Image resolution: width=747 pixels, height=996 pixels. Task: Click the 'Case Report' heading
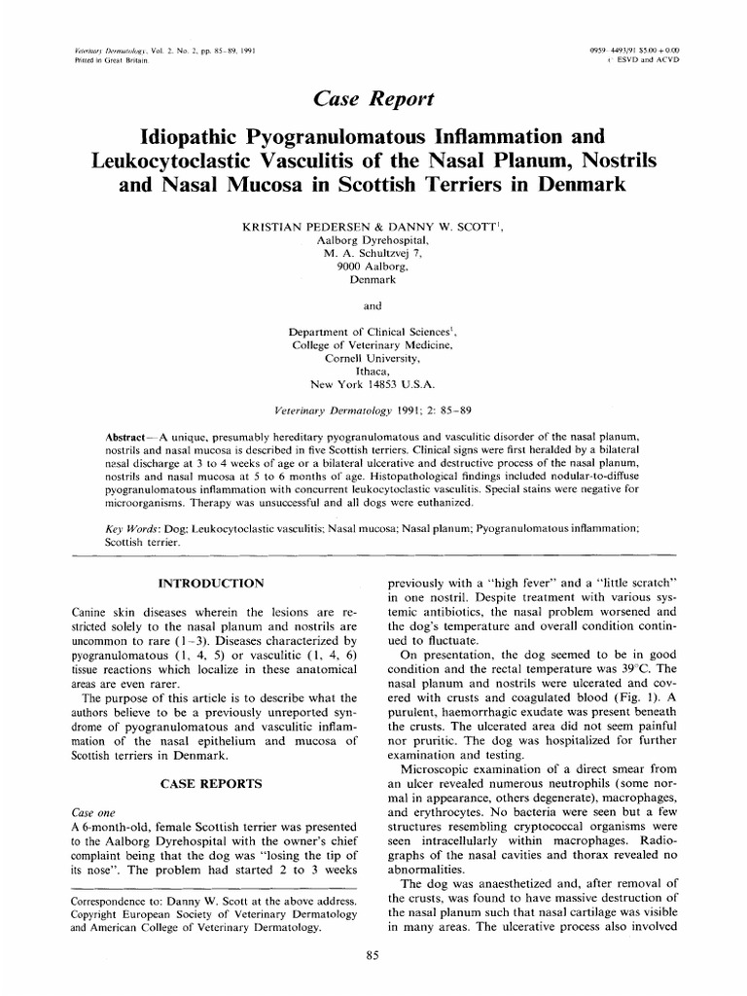pyautogui.click(x=373, y=98)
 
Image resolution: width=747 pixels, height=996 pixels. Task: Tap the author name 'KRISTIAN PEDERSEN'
pyautogui.click(x=298, y=225)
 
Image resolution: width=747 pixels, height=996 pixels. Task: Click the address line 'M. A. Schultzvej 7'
pyautogui.click(x=373, y=252)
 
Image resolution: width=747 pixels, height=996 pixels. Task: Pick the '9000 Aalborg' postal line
pyautogui.click(x=373, y=265)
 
